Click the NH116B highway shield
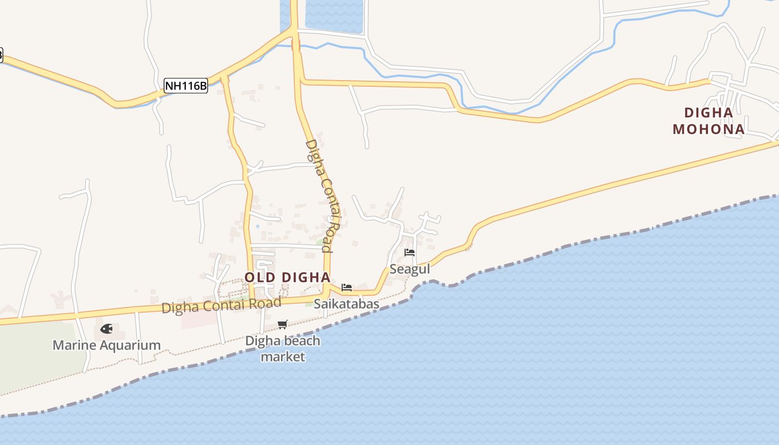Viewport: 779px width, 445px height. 186,86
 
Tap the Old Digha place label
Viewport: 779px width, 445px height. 287,277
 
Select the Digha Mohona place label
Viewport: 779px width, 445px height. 708,121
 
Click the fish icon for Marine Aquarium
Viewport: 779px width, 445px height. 106,329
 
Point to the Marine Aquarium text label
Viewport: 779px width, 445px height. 106,345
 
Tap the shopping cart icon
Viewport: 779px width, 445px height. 283,324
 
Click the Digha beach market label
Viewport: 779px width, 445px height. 283,348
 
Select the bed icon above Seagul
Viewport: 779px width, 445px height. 410,253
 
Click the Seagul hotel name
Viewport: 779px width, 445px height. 410,269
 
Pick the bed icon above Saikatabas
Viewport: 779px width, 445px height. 347,288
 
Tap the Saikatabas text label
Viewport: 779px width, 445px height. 347,304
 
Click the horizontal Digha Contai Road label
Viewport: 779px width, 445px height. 221,305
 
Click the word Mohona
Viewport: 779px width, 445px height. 708,129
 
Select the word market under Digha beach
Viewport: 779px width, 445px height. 283,357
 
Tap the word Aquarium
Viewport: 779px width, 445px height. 129,345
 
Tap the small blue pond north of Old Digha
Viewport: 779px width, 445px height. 257,226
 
